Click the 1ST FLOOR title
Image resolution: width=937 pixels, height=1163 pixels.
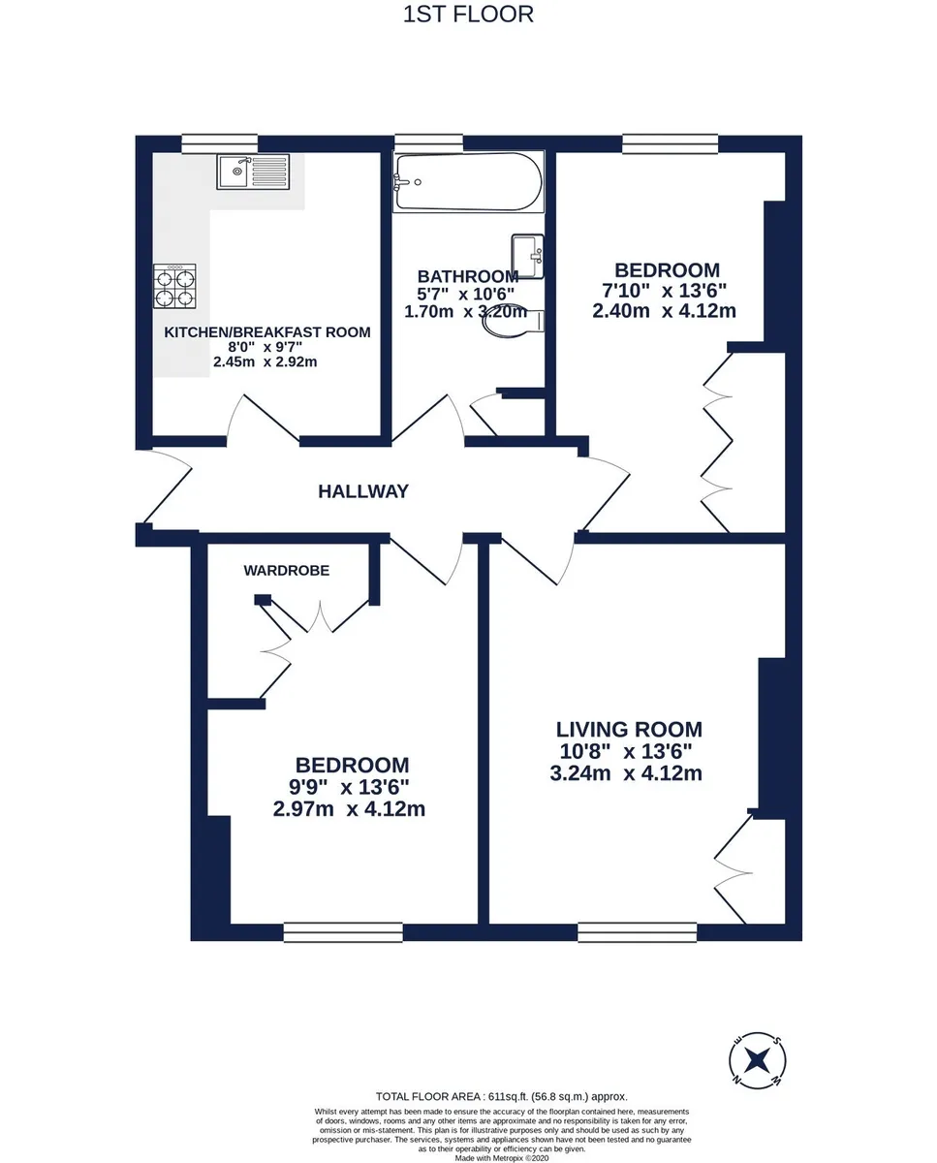468,15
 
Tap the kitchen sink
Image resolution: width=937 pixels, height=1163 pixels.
253,172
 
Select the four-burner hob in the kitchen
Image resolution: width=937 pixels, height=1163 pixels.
174,286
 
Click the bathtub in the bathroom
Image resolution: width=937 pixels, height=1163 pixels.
468,181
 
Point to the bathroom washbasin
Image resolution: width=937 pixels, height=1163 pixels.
527,256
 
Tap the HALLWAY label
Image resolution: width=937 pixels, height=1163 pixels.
363,491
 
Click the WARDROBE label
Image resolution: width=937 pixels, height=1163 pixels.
287,571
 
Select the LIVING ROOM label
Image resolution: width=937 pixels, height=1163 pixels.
629,730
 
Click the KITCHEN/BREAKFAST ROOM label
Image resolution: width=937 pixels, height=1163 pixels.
267,332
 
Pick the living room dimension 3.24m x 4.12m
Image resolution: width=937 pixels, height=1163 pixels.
626,772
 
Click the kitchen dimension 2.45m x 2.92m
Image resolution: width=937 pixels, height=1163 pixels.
265,361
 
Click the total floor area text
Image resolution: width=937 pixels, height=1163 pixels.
502,1096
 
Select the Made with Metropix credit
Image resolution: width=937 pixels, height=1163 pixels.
502,1158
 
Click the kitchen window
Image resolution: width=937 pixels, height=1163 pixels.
219,143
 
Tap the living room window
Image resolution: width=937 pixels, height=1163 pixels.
637,931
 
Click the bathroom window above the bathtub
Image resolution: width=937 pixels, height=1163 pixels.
428,142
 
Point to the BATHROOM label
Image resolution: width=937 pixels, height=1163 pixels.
468,277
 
